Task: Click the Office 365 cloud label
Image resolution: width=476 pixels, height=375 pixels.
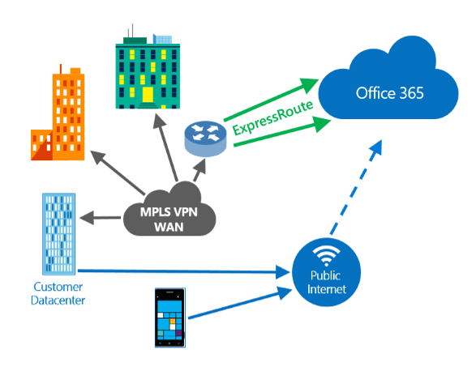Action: tap(389, 93)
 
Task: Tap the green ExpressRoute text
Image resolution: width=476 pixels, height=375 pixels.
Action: tap(272, 118)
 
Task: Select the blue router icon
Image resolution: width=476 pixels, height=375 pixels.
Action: tap(205, 138)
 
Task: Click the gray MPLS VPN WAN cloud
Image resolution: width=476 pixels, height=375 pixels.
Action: tap(169, 212)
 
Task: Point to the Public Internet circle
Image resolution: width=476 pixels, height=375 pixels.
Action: tap(326, 272)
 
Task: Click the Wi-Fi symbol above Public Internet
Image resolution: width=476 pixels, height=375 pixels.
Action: tap(326, 255)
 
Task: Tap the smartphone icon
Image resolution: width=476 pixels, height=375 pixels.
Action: tap(170, 317)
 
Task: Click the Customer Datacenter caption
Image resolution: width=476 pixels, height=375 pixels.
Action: tap(58, 293)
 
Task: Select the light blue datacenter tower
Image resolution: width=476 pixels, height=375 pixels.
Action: tap(59, 234)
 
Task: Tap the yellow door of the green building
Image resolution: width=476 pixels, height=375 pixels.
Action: tap(148, 94)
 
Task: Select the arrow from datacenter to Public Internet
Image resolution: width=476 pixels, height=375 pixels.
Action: tap(183, 271)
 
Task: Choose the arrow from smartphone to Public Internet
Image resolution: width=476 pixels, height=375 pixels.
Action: tap(240, 303)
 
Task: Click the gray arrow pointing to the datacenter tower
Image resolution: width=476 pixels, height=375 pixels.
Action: tap(101, 218)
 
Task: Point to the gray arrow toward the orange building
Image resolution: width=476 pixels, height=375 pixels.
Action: tap(118, 173)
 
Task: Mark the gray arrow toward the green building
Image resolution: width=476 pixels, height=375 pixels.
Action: tap(165, 147)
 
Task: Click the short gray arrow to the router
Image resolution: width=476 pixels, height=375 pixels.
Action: tap(200, 170)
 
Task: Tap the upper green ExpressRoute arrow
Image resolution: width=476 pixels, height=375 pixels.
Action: tap(271, 100)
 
